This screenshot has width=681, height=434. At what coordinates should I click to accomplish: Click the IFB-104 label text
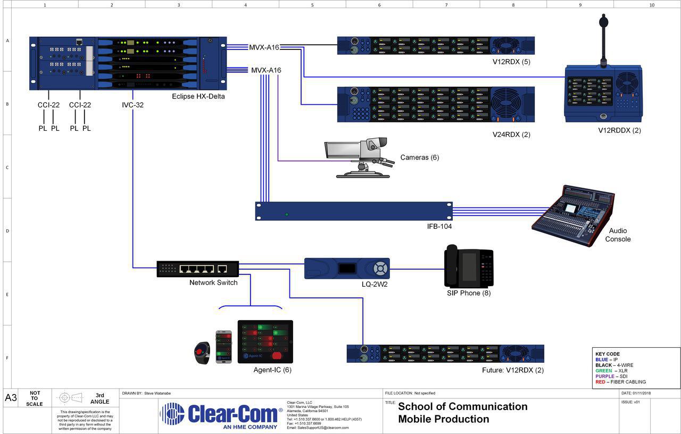pyautogui.click(x=440, y=227)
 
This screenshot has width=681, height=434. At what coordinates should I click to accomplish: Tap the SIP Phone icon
pyautogui.click(x=469, y=266)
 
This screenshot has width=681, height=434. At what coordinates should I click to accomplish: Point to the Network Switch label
pyautogui.click(x=213, y=282)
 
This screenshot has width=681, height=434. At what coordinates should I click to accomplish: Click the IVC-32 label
pyautogui.click(x=132, y=105)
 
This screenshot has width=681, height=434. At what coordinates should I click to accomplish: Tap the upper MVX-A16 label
pyautogui.click(x=265, y=47)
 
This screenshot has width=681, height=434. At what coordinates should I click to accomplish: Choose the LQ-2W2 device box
pyautogui.click(x=347, y=268)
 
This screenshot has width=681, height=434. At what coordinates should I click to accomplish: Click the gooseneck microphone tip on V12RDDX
pyautogui.click(x=603, y=22)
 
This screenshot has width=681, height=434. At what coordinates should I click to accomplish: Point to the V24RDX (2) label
pyautogui.click(x=511, y=135)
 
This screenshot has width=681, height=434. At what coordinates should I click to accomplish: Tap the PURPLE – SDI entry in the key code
pyautogui.click(x=611, y=376)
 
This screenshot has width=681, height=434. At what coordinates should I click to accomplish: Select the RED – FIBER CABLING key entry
pyautogui.click(x=620, y=382)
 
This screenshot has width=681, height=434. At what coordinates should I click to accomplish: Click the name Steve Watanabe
pyautogui.click(x=158, y=393)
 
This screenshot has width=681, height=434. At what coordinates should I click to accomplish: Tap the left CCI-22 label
pyautogui.click(x=48, y=105)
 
